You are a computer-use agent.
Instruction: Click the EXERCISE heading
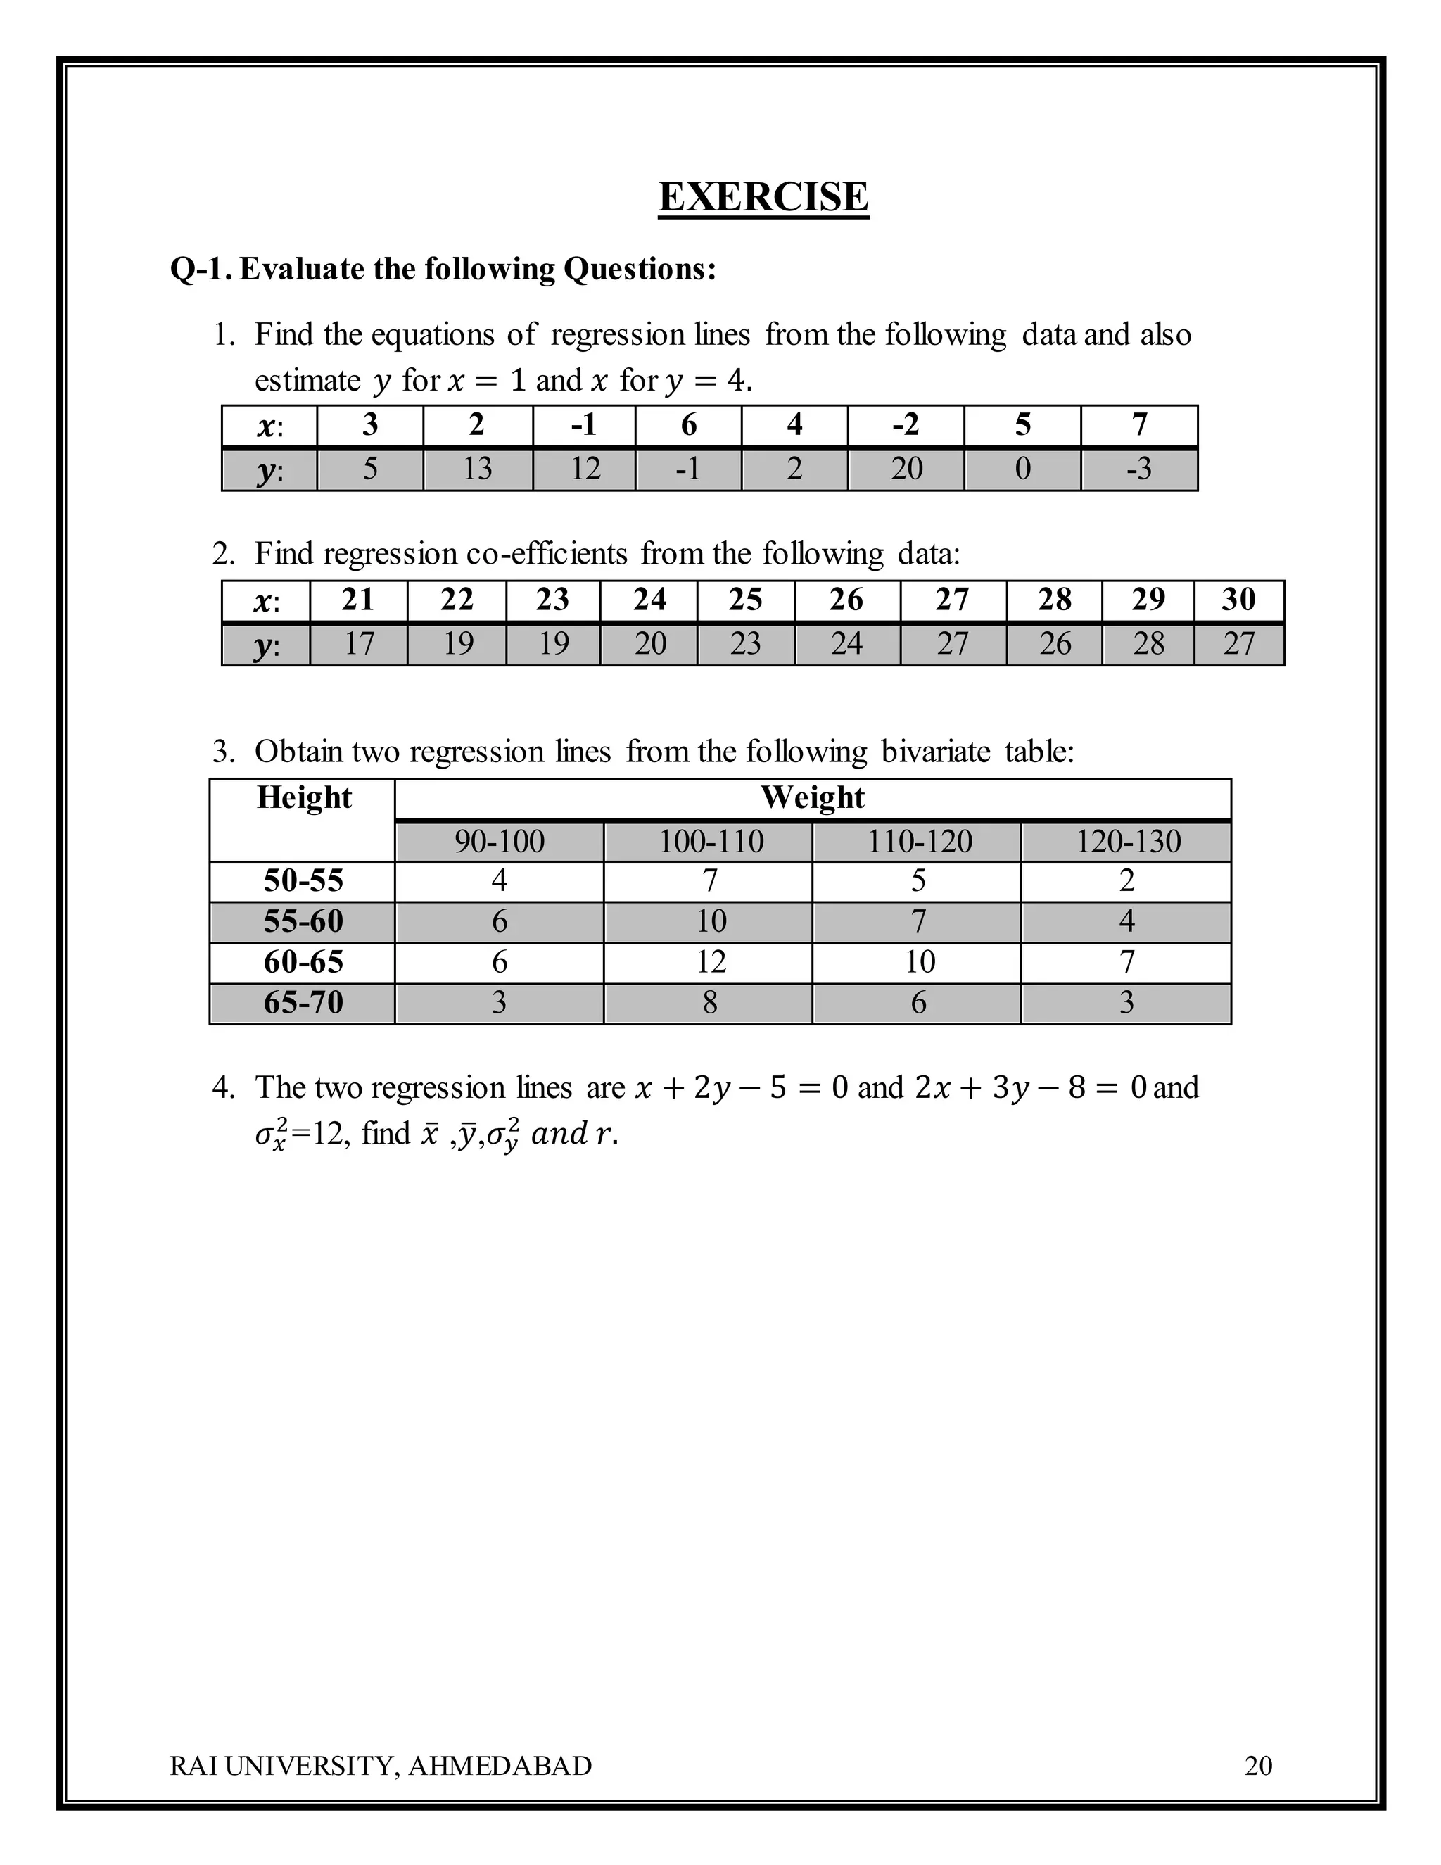763,197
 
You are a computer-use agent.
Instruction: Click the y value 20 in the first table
906,469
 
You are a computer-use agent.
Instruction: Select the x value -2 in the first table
905,424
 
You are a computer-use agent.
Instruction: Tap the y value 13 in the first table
477,469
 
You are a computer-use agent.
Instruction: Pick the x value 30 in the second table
1238,600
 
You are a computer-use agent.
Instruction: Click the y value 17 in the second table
359,644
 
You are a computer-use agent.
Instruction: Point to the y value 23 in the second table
745,644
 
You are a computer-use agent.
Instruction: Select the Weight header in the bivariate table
812,797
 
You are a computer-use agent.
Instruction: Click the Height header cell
303,797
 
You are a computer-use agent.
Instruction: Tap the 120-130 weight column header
1127,842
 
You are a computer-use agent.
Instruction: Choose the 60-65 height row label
303,962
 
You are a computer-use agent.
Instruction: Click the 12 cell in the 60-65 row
710,962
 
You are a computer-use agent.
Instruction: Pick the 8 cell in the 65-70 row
710,1002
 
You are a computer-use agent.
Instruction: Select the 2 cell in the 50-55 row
1127,880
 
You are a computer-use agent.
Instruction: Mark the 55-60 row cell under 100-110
710,921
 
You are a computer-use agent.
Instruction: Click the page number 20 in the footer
1258,1765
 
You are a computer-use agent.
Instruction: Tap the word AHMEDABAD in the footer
500,1765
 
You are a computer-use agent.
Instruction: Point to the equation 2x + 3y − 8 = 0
1029,1088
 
